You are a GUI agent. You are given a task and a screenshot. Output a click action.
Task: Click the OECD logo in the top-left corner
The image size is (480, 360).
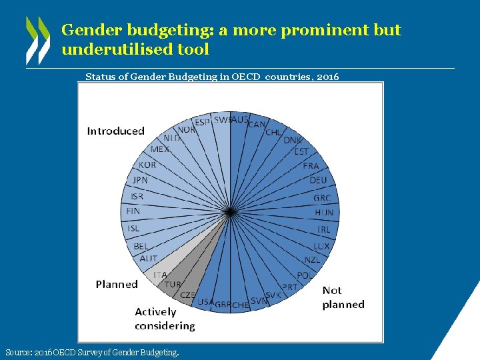(x=37, y=39)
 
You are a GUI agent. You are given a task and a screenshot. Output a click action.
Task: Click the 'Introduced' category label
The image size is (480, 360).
(x=115, y=131)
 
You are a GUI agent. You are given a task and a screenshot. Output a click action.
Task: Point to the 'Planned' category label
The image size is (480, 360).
(x=117, y=284)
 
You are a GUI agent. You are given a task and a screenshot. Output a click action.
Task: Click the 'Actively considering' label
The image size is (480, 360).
(x=165, y=319)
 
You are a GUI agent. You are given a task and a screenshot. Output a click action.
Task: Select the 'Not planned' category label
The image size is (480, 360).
(x=343, y=297)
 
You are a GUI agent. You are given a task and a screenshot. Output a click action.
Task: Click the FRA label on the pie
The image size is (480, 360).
(x=311, y=165)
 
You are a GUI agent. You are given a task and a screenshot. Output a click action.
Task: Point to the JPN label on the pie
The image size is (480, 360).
(x=140, y=180)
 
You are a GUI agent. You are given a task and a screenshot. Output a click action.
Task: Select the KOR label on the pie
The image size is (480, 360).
(x=147, y=165)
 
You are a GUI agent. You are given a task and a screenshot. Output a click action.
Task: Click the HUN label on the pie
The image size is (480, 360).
(x=324, y=213)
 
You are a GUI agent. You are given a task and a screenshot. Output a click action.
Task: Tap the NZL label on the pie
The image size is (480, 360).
(x=312, y=260)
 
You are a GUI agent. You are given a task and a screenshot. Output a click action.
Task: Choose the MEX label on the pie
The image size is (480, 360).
(x=159, y=149)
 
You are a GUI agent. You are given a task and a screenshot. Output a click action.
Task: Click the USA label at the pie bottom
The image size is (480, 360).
(x=205, y=302)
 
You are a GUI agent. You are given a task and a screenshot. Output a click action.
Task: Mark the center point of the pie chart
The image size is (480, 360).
(x=229, y=212)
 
